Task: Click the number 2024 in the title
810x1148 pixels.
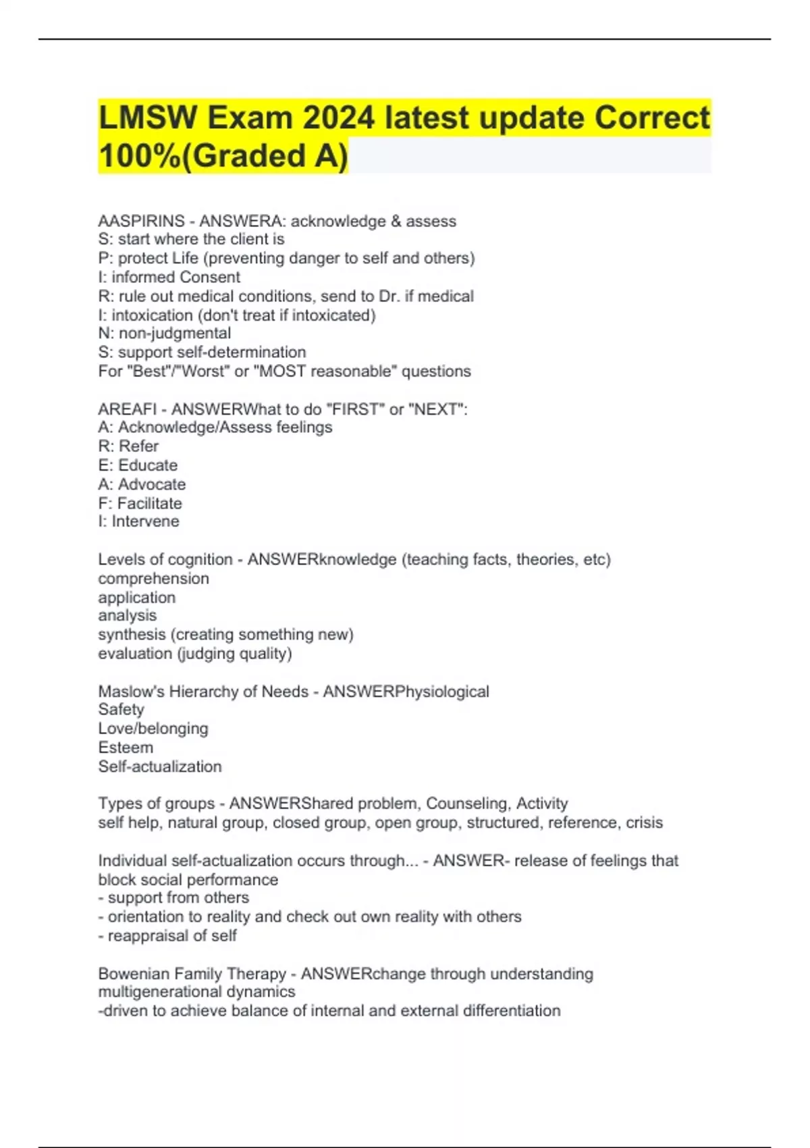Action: tap(338, 118)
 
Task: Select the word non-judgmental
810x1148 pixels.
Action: tap(175, 333)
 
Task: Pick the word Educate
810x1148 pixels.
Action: tap(148, 465)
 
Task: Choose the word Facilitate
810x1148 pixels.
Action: tap(149, 503)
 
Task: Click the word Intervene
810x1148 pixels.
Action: tap(145, 521)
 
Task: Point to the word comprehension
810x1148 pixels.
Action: tap(153, 579)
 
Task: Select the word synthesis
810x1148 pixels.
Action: tap(132, 635)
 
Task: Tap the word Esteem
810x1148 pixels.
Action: tap(126, 748)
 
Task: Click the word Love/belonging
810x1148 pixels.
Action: tap(153, 729)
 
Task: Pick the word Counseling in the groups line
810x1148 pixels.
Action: tap(466, 804)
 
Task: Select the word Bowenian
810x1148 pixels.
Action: tap(134, 974)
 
